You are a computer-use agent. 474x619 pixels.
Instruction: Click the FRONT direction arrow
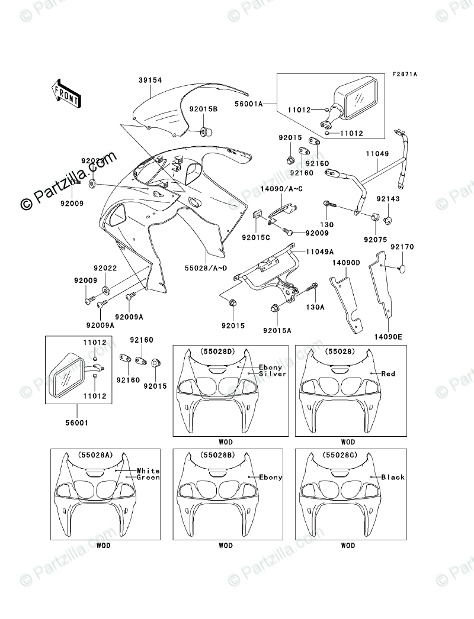(x=66, y=93)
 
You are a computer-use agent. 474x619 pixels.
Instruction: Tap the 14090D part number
(x=344, y=262)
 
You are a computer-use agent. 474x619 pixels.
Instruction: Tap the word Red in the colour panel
(x=388, y=374)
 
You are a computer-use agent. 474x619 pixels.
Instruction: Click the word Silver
(x=273, y=374)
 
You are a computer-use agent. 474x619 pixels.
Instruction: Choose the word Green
(x=148, y=478)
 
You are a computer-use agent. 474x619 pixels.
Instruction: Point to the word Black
(x=393, y=477)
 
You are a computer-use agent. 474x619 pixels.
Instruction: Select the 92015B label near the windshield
(x=204, y=109)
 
